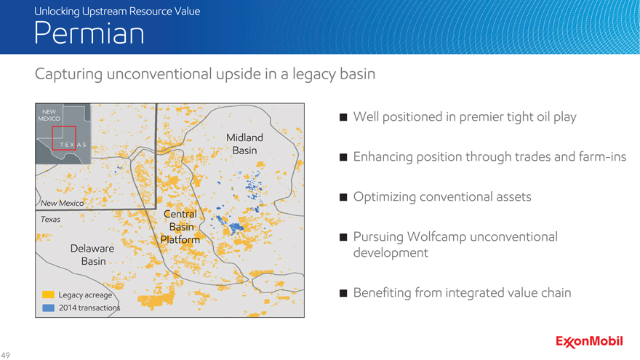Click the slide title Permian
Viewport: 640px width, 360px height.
coord(89,33)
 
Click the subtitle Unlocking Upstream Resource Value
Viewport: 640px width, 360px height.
coord(117,11)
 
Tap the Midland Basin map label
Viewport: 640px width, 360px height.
coord(244,144)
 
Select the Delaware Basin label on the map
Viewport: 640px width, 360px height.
coord(92,255)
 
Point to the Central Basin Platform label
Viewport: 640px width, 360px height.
coord(180,226)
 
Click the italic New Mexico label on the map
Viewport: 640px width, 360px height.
coord(62,203)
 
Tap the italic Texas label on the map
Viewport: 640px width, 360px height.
coord(50,219)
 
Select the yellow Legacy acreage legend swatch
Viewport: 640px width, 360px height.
coord(48,295)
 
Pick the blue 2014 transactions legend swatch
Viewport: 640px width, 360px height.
coord(48,308)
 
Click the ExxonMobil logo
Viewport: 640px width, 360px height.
coord(589,342)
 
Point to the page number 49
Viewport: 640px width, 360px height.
coord(5,355)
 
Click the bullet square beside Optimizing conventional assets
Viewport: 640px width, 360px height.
coord(343,197)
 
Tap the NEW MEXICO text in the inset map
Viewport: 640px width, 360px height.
coord(49,115)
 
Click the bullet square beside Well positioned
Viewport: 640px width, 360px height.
coord(343,117)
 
